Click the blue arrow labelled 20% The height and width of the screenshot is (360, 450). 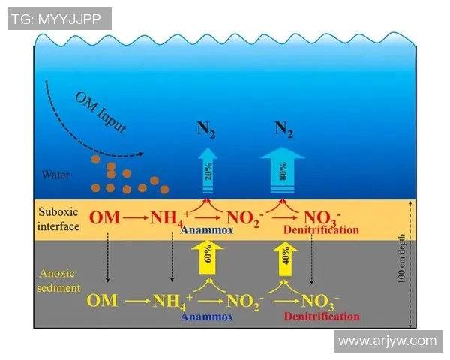(x=207, y=174)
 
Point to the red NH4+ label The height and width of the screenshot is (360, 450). (x=170, y=219)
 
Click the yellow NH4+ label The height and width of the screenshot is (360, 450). (x=172, y=302)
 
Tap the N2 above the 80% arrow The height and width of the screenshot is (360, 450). (x=283, y=129)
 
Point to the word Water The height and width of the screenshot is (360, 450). (x=56, y=175)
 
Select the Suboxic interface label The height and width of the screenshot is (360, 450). (x=58, y=219)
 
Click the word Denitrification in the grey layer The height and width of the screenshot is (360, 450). (x=322, y=317)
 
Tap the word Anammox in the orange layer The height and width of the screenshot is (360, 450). (x=207, y=231)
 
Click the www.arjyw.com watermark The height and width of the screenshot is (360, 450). (x=387, y=341)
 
